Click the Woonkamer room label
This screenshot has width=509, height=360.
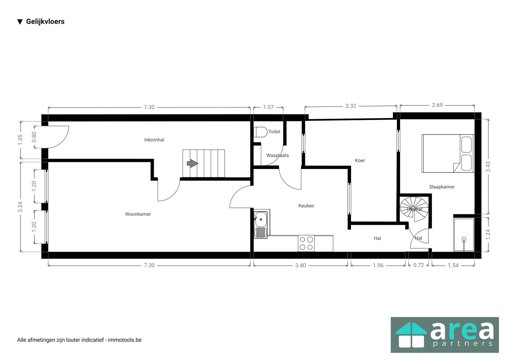point(138,214)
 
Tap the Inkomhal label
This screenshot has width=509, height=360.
point(154,140)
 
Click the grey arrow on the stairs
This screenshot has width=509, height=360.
point(192,163)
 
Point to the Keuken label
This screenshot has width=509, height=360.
point(306,206)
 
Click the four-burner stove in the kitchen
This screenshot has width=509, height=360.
point(306,243)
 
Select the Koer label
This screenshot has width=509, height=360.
point(360,160)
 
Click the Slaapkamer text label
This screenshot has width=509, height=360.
point(442,187)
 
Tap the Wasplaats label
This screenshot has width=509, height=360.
point(277,155)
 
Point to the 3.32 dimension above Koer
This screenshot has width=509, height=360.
point(350,106)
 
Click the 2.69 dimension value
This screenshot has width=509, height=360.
point(437,105)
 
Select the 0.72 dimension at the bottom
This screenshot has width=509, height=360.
point(418,265)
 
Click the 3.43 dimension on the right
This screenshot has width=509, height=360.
point(488,167)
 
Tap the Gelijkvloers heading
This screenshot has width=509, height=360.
point(45,22)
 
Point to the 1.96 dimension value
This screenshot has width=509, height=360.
point(378,265)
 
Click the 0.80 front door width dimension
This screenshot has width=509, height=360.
point(34,137)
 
